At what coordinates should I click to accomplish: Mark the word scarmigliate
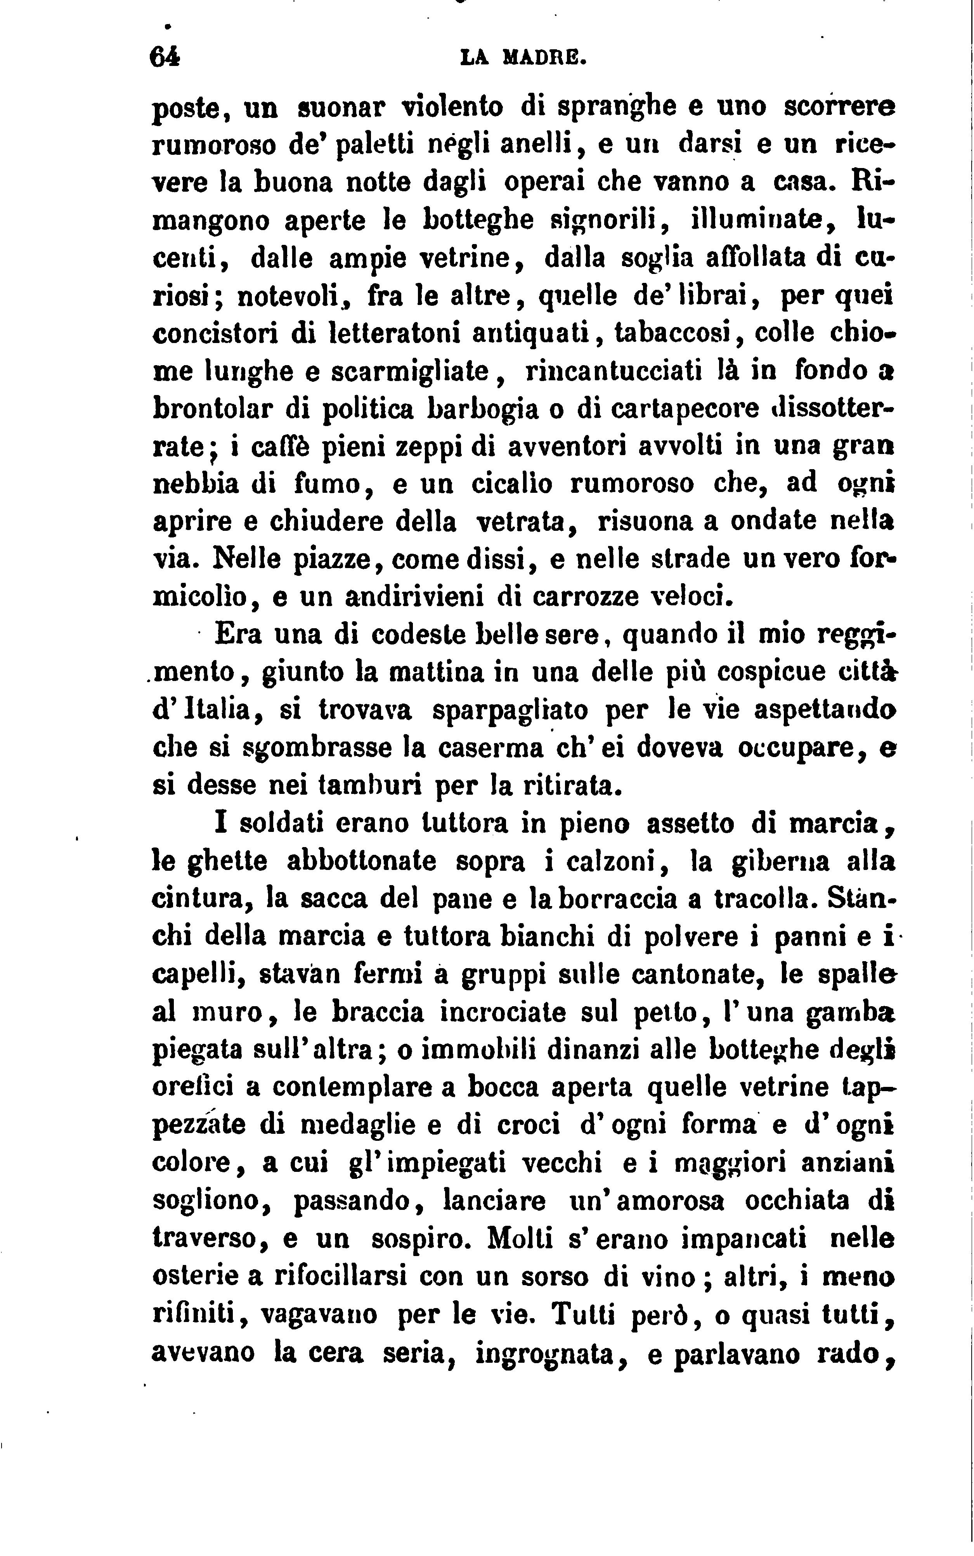click(418, 372)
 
